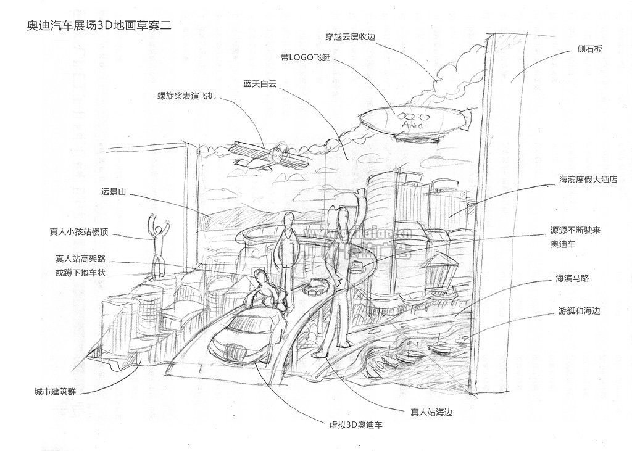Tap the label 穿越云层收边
click(x=350, y=36)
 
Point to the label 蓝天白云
click(x=260, y=83)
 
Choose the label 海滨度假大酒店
click(x=588, y=180)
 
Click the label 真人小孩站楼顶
click(x=79, y=233)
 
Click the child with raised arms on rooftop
click(x=158, y=244)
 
